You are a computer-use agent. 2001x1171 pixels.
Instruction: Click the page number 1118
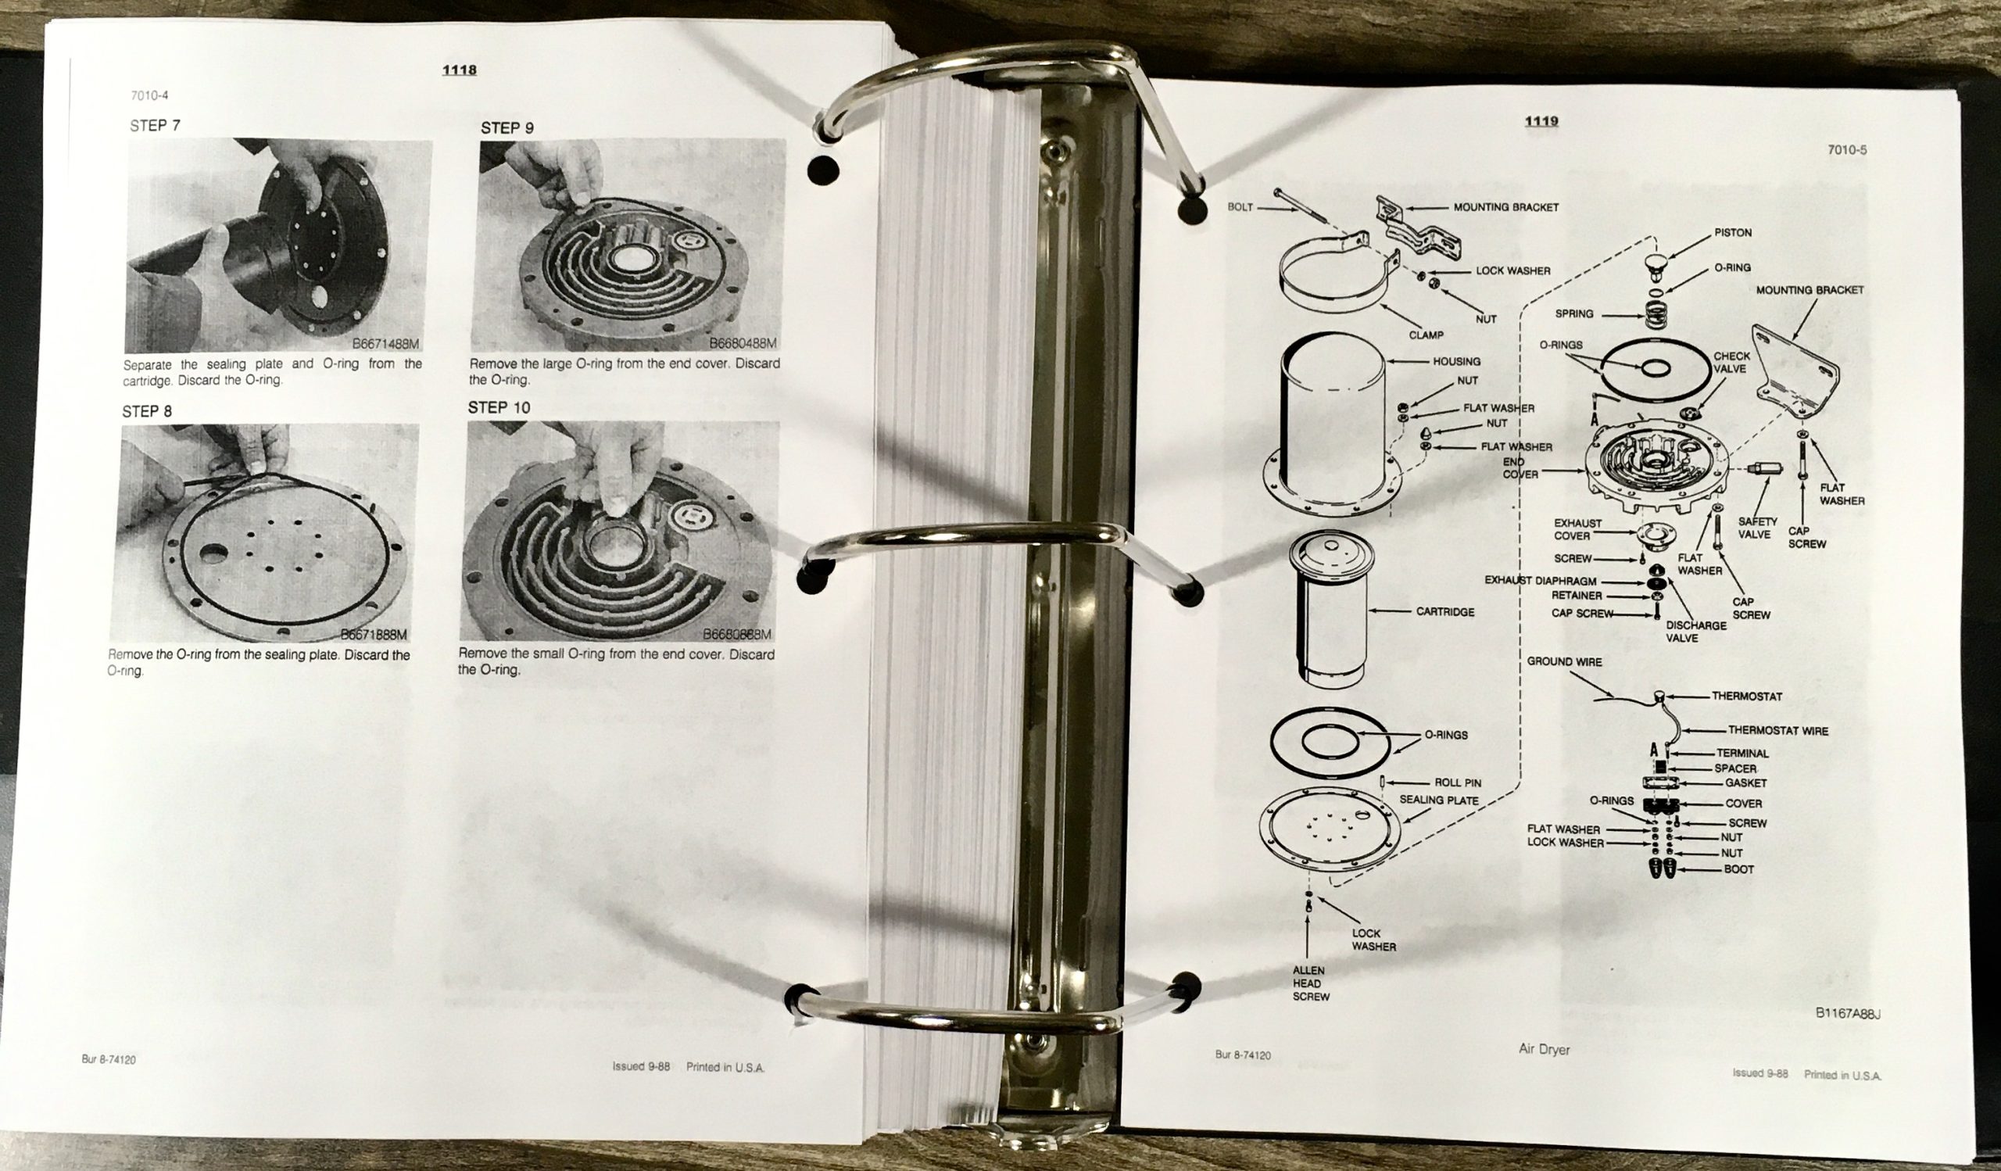point(459,70)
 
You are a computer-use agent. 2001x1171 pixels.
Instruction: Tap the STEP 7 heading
point(155,125)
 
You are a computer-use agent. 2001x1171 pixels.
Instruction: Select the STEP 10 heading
point(499,407)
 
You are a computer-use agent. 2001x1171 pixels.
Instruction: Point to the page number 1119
point(1541,121)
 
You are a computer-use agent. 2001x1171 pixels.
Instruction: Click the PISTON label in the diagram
point(1733,233)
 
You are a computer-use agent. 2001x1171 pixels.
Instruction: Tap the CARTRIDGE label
point(1445,612)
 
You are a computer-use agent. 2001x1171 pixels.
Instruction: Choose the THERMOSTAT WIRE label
point(1778,730)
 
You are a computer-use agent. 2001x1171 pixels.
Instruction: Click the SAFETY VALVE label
point(1757,528)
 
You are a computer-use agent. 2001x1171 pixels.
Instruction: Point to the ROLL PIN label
point(1458,782)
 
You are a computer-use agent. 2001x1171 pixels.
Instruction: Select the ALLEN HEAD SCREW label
point(1310,983)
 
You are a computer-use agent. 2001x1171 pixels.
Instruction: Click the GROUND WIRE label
point(1564,661)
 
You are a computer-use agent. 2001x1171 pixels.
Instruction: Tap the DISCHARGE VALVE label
point(1696,632)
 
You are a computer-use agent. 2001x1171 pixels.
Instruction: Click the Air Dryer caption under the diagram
point(1544,1050)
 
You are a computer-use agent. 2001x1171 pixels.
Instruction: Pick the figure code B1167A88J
point(1848,1014)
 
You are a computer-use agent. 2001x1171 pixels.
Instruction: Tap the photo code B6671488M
point(386,345)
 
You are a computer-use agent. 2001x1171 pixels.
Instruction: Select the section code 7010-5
point(1847,150)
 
